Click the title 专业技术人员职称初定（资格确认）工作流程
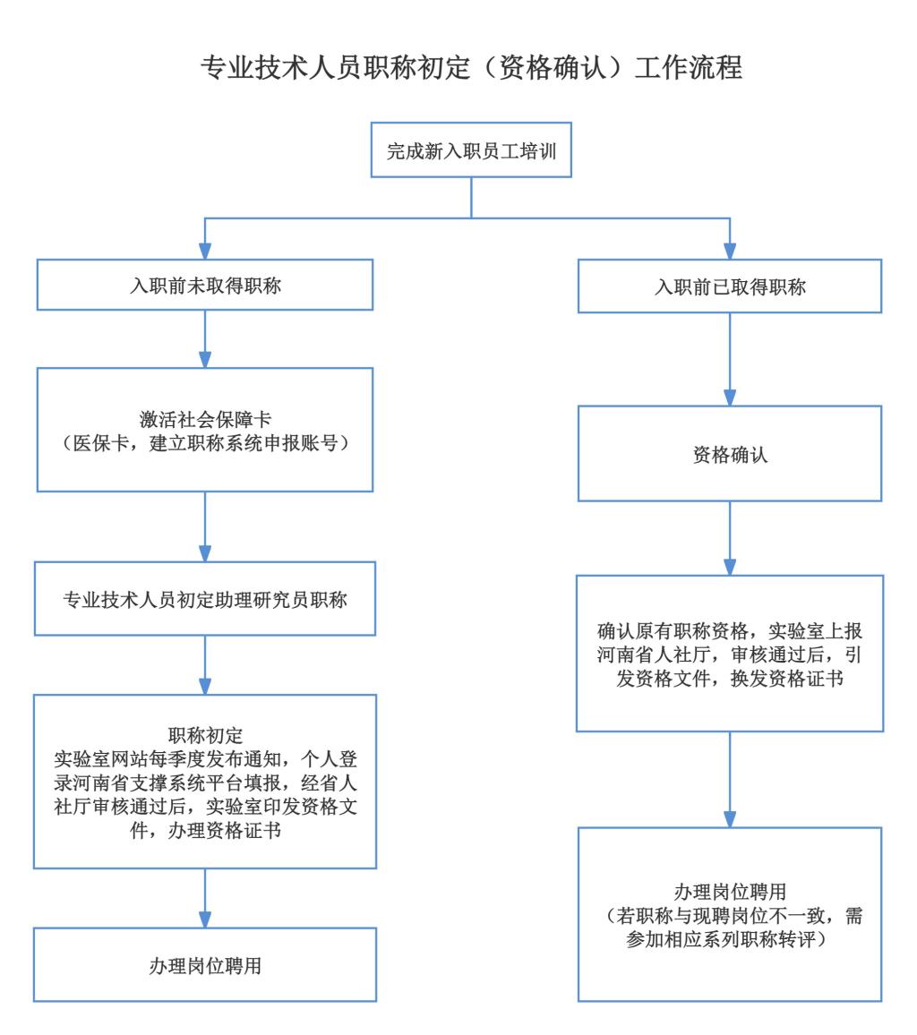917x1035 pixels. click(472, 68)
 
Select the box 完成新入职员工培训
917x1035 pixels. click(472, 150)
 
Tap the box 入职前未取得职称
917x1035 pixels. click(205, 285)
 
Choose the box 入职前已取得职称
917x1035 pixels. click(730, 287)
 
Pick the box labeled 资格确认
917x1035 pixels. click(730, 454)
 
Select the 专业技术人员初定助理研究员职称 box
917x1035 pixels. click(205, 600)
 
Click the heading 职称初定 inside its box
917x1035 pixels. click(205, 736)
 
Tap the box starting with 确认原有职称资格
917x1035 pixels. click(730, 654)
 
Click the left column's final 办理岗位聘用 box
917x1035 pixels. click(205, 965)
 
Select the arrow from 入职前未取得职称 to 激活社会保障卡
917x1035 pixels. click(205, 339)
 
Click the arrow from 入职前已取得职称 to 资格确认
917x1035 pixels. click(730, 359)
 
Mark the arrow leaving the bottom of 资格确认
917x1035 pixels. click(730, 537)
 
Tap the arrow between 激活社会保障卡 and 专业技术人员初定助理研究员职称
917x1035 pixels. click(205, 526)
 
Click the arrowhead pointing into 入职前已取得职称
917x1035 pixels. click(730, 251)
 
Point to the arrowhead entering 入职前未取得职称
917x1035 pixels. click(205, 251)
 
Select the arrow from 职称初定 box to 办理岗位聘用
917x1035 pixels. click(205, 898)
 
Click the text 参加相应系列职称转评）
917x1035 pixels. click(730, 940)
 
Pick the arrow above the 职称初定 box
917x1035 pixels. click(205, 664)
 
